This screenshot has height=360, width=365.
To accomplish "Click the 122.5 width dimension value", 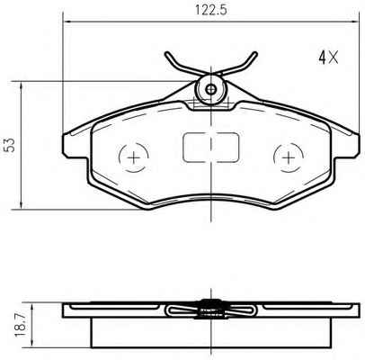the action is click(211, 10).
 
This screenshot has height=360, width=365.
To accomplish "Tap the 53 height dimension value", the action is click(11, 145).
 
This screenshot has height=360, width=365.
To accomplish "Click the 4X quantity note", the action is click(328, 57).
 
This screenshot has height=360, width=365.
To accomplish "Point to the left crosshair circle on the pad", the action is click(134, 157).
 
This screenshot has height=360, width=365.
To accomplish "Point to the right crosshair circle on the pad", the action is click(289, 157).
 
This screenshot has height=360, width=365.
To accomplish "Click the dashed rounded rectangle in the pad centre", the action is click(211, 148).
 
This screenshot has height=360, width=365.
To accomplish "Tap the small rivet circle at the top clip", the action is click(211, 89).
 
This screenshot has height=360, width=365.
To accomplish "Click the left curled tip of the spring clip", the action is click(167, 54).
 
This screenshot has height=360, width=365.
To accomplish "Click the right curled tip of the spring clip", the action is click(254, 54).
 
